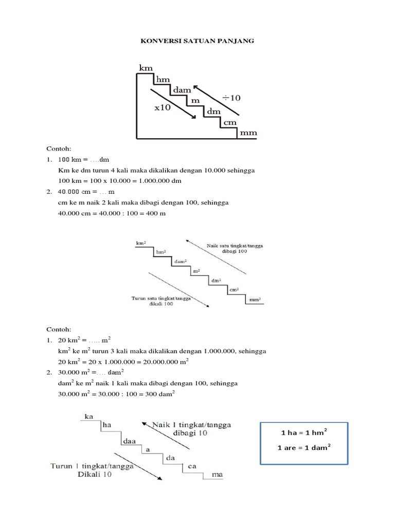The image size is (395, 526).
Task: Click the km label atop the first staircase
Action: tap(146, 67)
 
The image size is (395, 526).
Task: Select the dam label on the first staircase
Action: tap(183, 90)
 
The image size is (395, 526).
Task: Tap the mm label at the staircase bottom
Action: tap(248, 133)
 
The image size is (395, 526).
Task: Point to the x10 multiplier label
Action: tap(163, 108)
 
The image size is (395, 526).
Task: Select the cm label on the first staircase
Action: tap(229, 122)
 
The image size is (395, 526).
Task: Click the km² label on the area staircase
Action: tap(141, 242)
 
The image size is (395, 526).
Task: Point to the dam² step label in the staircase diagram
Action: tap(180, 261)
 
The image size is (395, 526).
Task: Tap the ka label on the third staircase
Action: tap(89, 416)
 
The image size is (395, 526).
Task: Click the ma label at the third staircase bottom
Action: tap(218, 475)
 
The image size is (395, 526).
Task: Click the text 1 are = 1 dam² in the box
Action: tap(303, 447)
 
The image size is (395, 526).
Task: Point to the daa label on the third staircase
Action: tap(129, 441)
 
